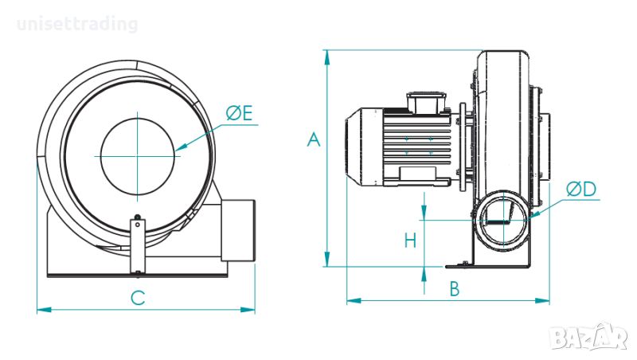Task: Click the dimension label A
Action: click(x=313, y=139)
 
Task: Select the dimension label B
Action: click(x=455, y=288)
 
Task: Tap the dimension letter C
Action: click(x=138, y=298)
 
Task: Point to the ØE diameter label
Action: click(x=240, y=112)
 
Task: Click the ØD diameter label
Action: click(x=581, y=189)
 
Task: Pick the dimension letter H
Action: click(x=410, y=241)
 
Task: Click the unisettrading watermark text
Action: click(x=77, y=24)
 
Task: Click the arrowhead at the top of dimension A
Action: click(x=326, y=57)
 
